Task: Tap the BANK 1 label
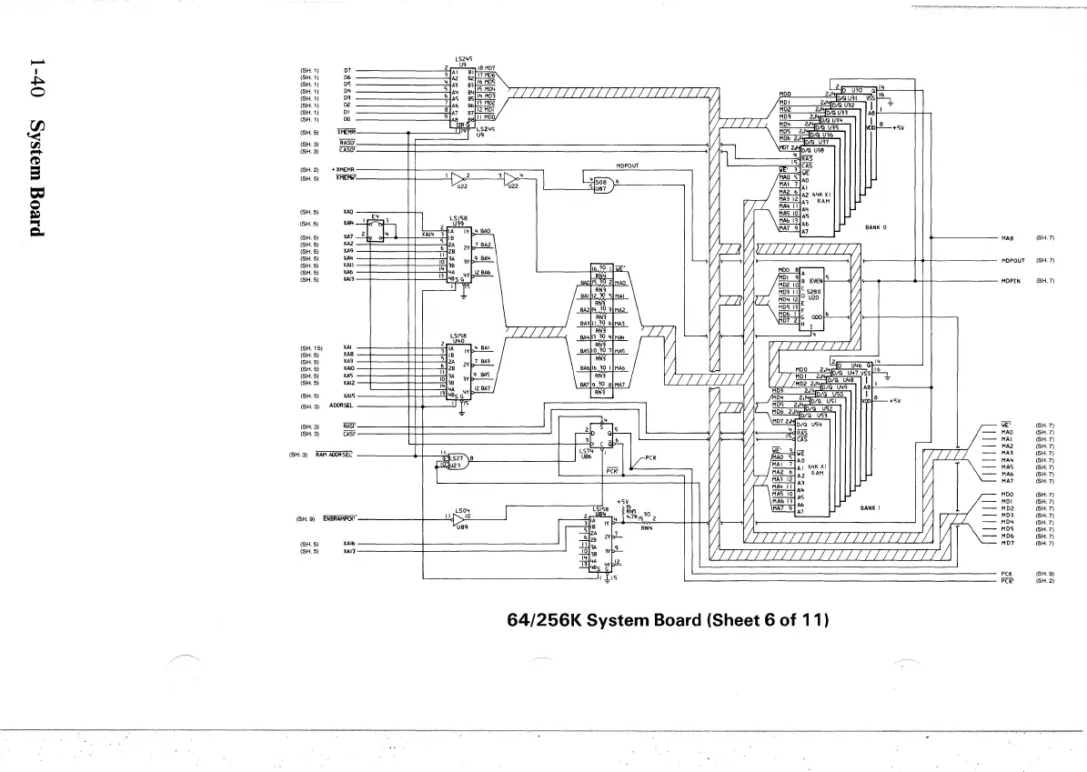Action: [871, 508]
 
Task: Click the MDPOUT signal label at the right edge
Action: [1012, 261]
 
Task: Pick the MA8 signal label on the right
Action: [1007, 239]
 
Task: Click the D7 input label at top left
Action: [347, 70]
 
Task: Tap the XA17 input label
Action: [348, 551]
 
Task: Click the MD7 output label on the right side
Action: [1007, 544]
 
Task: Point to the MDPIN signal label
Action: [1011, 281]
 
